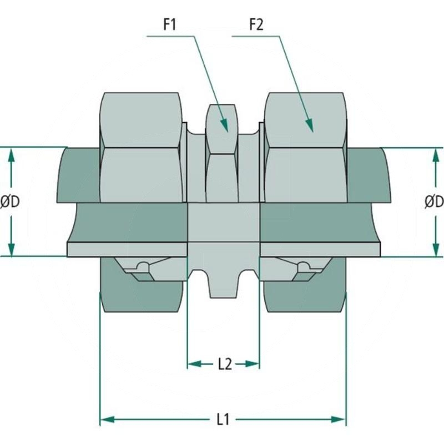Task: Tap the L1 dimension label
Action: pyautogui.click(x=223, y=419)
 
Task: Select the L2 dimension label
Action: pyautogui.click(x=224, y=364)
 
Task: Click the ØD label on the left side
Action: pyautogui.click(x=10, y=202)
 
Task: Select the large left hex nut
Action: pyautogui.click(x=142, y=147)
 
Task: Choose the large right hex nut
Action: pyautogui.click(x=305, y=147)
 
